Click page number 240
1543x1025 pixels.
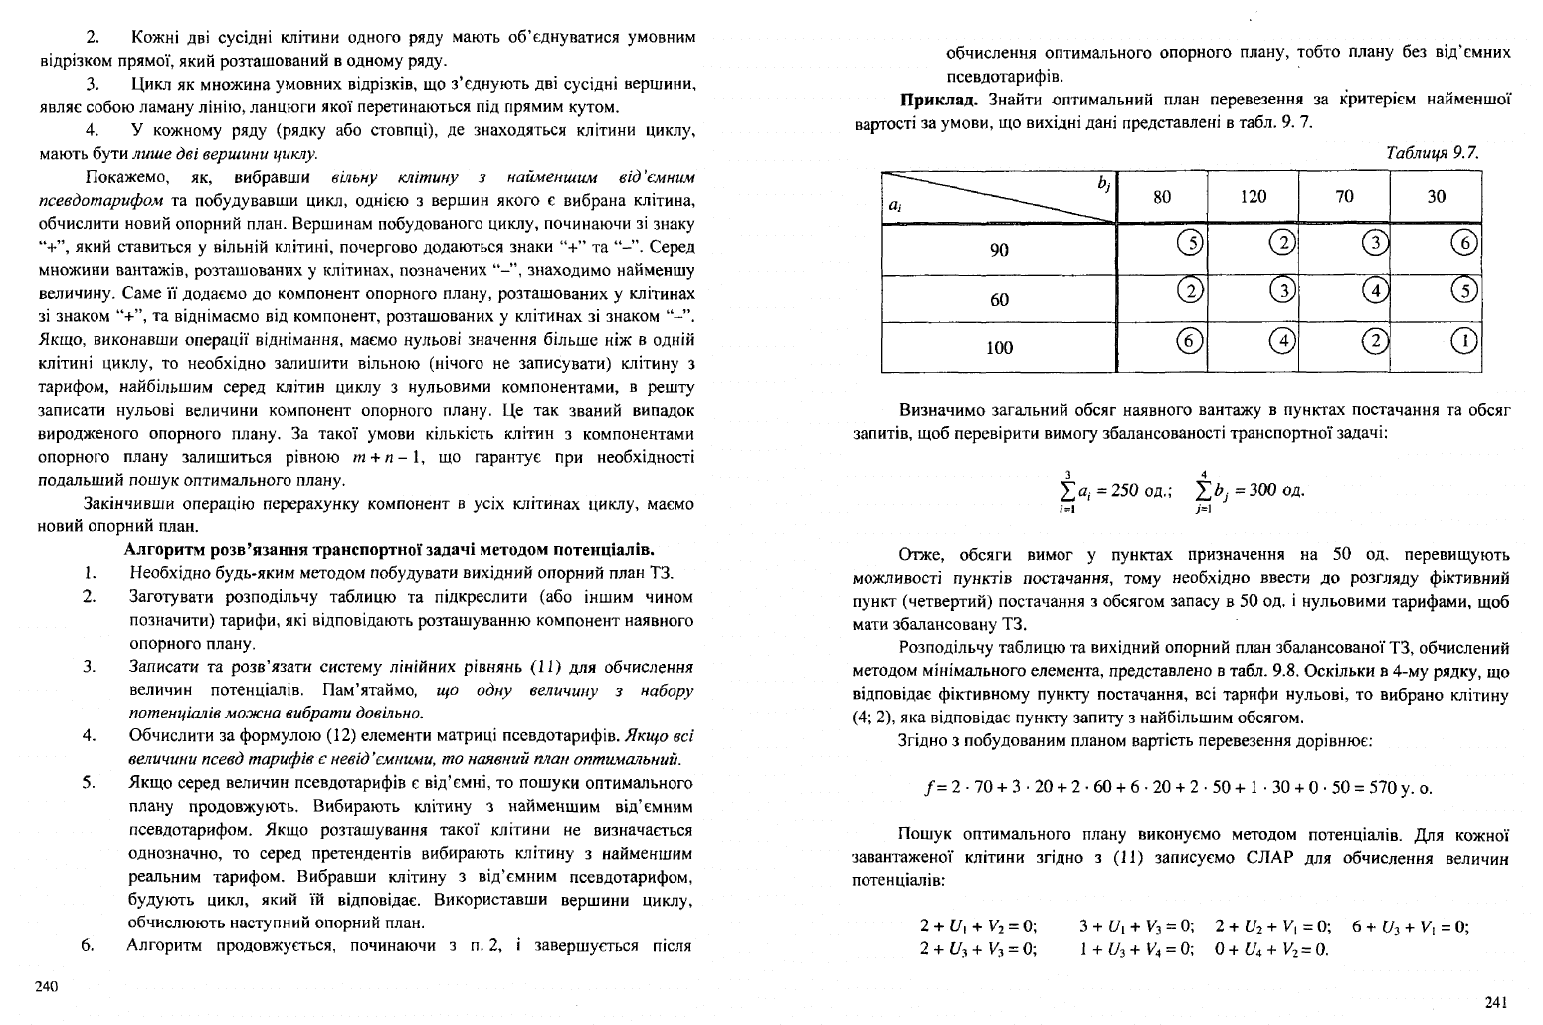[x=47, y=986]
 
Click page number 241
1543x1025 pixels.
[x=1495, y=1002]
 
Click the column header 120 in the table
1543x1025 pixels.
[x=1253, y=197]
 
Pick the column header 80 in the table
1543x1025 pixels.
[x=1162, y=197]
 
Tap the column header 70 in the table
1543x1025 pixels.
[x=1344, y=197]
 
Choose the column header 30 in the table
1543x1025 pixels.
[x=1436, y=197]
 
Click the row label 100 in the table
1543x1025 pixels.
[x=999, y=347]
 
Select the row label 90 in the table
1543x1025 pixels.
[x=999, y=250]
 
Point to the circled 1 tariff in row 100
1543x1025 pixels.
[x=1466, y=340]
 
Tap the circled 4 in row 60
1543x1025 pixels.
[x=1375, y=291]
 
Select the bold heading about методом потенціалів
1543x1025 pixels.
[x=388, y=549]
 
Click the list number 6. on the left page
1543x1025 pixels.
[x=89, y=945]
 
